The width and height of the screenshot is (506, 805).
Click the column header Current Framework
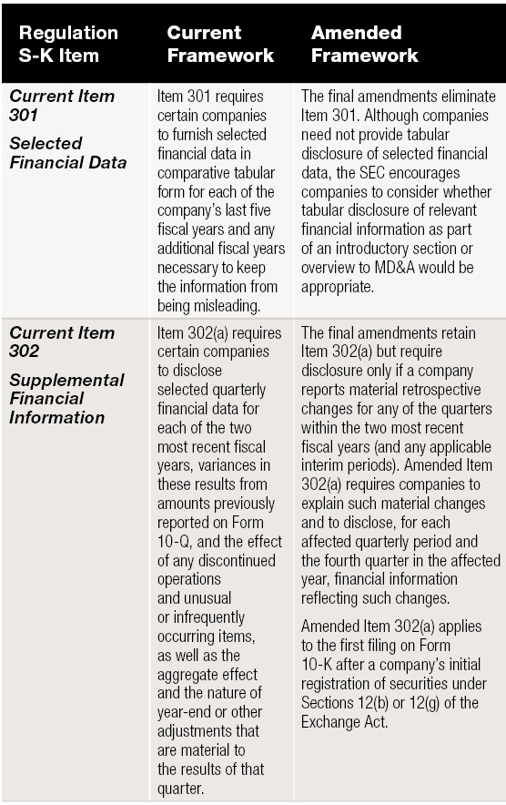219,44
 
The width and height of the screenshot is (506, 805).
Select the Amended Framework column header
364,44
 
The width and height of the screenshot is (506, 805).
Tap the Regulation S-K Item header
68,44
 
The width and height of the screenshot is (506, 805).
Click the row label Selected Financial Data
68,153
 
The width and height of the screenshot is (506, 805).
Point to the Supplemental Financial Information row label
67,398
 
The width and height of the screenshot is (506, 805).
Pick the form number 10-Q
176,541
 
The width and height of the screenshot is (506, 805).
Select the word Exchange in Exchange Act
334,721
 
